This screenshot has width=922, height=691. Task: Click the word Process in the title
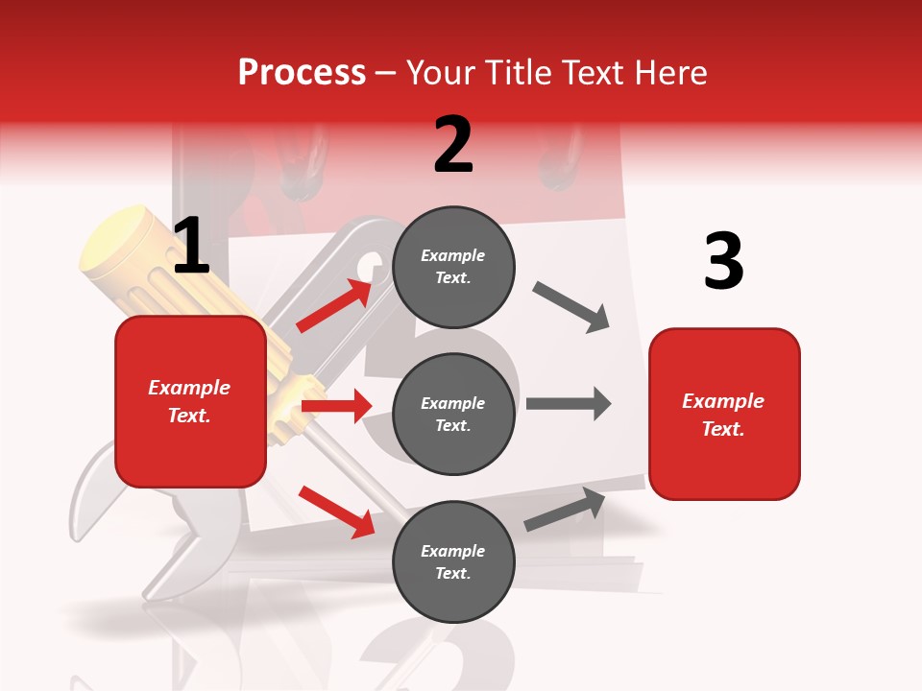[302, 72]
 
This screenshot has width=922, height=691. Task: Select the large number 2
[453, 145]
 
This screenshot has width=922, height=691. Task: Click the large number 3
[723, 261]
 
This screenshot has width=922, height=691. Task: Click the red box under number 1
[190, 401]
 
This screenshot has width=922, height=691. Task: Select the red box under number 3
[724, 414]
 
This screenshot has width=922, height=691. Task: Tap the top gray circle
[453, 267]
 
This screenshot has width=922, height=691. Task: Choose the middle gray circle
[453, 414]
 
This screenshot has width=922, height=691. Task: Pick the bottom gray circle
[453, 561]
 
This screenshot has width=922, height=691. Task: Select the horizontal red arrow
[336, 406]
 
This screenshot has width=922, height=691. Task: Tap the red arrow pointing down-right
[336, 511]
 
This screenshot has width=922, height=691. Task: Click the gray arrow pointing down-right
[571, 306]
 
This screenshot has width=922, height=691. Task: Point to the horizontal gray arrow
[568, 403]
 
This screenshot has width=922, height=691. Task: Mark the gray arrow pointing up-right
[566, 510]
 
